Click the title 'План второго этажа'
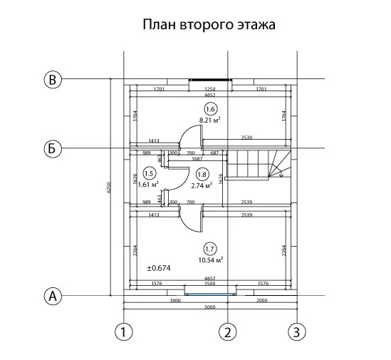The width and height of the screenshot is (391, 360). coord(209,25)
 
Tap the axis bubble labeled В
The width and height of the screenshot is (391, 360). coord(53,80)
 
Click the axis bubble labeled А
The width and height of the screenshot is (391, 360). coord(53,297)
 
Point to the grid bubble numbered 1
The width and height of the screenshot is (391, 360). coord(124,332)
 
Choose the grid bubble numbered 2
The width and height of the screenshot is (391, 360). coord(228,332)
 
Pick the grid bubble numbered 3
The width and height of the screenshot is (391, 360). coord(297,332)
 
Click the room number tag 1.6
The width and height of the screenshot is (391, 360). coord(211,109)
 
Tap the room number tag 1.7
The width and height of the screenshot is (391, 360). coord(210,250)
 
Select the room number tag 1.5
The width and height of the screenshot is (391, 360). coord(150,174)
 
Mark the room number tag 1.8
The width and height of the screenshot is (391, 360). coord(202,175)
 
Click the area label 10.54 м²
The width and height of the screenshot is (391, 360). coord(211,260)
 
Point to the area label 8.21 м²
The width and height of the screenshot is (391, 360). coord(209,120)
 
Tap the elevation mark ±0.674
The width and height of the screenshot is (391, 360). coord(159,268)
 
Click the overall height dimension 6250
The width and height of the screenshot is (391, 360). coord(108,187)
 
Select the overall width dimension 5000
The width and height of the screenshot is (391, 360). coord(210,307)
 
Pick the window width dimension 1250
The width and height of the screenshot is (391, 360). coord(209,89)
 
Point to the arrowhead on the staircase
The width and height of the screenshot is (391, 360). coord(281,175)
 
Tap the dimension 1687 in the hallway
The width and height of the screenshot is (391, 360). coord(197,158)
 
